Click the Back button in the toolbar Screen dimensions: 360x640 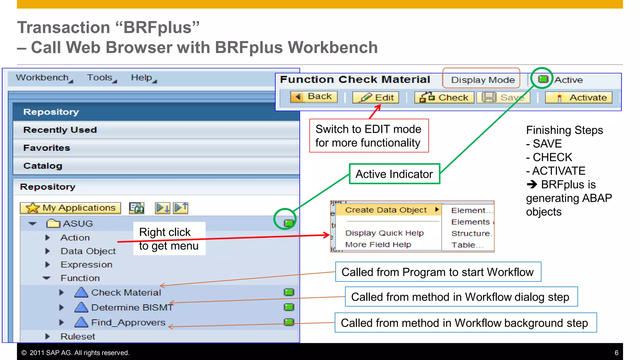click(x=314, y=97)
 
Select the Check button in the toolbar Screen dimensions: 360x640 click(x=444, y=97)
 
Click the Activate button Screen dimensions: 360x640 click(x=578, y=97)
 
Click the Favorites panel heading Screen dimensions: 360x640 click(x=47, y=148)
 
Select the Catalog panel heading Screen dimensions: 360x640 click(x=43, y=166)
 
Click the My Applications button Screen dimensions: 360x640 click(x=70, y=208)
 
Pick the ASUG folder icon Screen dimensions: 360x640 click(x=53, y=223)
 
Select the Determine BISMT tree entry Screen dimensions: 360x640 click(x=132, y=307)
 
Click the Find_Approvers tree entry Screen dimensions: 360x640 click(x=128, y=322)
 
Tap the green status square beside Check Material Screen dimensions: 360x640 click(x=289, y=292)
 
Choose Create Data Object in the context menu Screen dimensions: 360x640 click(x=386, y=210)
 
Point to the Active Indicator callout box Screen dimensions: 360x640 click(x=394, y=174)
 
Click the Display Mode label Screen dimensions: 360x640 click(x=482, y=80)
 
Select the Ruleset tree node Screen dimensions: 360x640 click(x=77, y=337)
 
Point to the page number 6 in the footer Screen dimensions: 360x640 click(x=617, y=353)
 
